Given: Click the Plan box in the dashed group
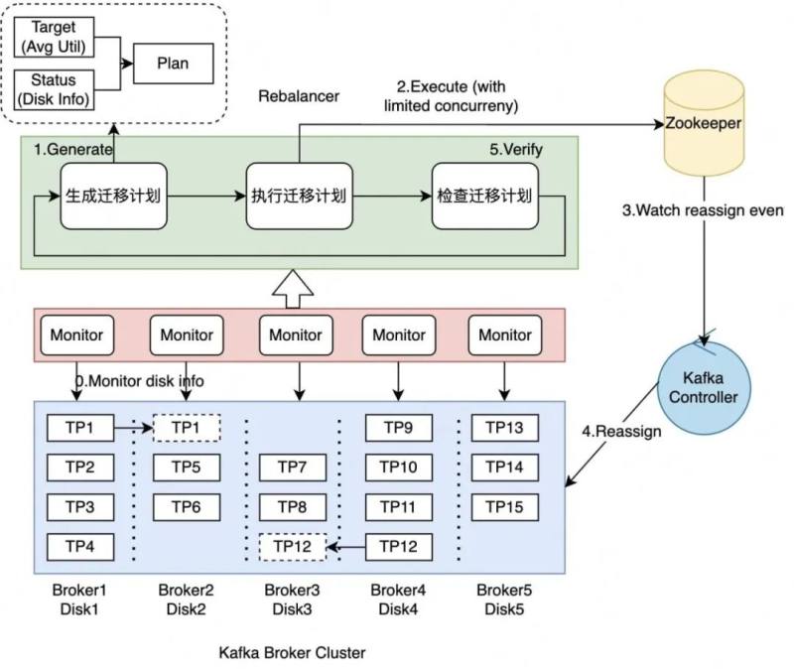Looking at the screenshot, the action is pos(173,64).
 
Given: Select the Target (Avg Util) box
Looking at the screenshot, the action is pos(54,37).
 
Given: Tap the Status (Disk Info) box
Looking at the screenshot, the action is pos(54,89).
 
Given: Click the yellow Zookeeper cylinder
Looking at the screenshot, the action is pos(704,123).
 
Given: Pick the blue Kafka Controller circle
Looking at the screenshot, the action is pos(704,388).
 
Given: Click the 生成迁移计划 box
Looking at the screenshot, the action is pos(113,196).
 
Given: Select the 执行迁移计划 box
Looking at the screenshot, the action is pos(300,196).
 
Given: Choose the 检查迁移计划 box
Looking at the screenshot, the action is pos(485,196).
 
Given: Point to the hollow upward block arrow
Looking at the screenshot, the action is pos(293,289).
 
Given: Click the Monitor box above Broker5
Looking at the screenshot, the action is pos(505,334).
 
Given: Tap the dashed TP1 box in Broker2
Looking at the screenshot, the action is pos(187,428).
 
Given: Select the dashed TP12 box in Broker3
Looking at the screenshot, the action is pos(292,547).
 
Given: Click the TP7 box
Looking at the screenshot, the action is pos(292,467).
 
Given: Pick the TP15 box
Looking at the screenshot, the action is pos(505,507).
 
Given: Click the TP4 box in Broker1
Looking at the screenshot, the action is pos(80,547).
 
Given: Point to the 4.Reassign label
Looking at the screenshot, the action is pos(621,432).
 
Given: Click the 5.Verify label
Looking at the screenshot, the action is pos(516,150).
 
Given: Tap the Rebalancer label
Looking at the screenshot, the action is pos(299,96).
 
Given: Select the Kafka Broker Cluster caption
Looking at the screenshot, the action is pos(292,653).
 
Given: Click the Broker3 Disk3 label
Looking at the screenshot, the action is pos(292,600).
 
